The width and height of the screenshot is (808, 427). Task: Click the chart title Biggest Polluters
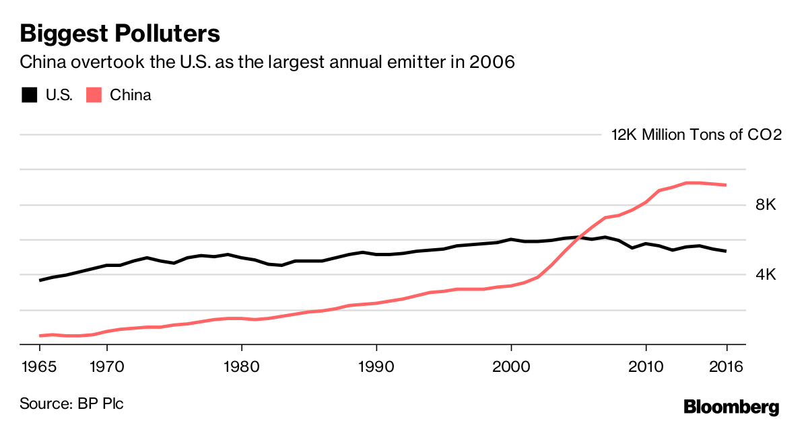(121, 34)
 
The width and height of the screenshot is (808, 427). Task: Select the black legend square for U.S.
(30, 95)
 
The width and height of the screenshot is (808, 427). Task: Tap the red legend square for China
(94, 95)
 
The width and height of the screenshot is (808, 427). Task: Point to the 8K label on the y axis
(766, 205)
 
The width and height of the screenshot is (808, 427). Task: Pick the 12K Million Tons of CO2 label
(696, 134)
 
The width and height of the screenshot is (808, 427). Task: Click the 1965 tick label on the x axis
(40, 367)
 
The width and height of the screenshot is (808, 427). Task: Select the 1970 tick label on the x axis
(107, 367)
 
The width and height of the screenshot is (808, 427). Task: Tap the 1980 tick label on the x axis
(242, 367)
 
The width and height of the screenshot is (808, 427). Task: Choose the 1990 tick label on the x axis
(376, 367)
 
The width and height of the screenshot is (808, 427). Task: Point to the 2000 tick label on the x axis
(511, 367)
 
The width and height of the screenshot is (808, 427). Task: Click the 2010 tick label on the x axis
(646, 367)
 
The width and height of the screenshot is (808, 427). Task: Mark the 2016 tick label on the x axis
(727, 367)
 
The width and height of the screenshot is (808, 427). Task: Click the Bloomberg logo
(731, 406)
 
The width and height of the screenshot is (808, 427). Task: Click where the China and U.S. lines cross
(580, 237)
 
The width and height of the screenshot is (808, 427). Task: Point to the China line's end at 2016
(726, 185)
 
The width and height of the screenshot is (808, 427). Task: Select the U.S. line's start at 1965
(40, 280)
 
